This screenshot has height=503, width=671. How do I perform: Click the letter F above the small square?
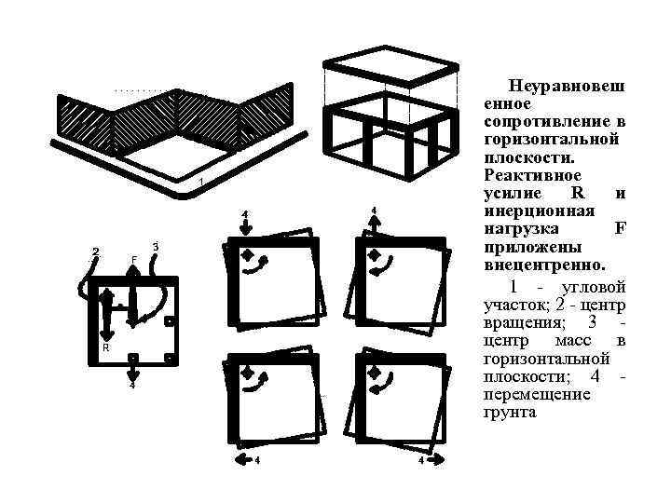(x=134, y=259)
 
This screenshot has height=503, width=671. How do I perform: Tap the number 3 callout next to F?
(x=155, y=246)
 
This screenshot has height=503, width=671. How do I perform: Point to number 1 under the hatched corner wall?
(x=201, y=179)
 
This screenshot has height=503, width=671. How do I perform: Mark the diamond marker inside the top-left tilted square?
(x=247, y=254)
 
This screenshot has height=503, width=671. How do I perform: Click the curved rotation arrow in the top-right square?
(x=383, y=266)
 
